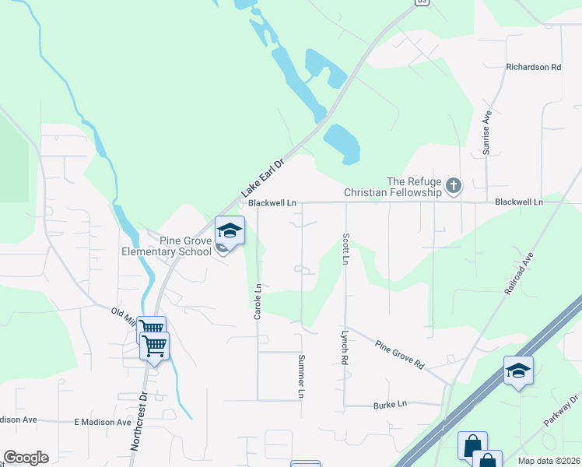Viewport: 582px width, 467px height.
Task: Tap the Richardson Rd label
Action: [x=533, y=67]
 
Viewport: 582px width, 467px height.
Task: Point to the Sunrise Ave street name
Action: [x=487, y=132]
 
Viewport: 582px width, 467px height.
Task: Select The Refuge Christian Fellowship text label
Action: [x=393, y=186]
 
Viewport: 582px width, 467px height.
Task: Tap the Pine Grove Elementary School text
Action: [x=167, y=246]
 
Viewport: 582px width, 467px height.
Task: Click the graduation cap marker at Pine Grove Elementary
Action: [x=230, y=230]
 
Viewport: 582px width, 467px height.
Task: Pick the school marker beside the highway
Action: [x=518, y=370]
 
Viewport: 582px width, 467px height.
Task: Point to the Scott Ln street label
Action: [x=345, y=248]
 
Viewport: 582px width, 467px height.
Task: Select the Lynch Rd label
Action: [x=343, y=347]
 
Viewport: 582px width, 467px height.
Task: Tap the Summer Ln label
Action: [x=300, y=377]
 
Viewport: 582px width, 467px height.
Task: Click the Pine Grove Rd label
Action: [x=399, y=354]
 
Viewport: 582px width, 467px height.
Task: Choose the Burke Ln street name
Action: [x=390, y=405]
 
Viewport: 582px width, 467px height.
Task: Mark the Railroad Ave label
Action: [x=519, y=273]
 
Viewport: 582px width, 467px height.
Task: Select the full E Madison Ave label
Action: [x=103, y=422]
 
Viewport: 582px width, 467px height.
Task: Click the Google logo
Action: [x=26, y=458]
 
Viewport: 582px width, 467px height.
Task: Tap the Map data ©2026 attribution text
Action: [x=548, y=461]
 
